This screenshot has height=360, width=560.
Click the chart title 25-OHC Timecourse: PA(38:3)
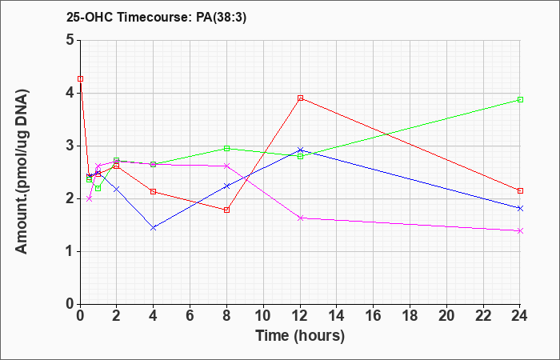[157, 17]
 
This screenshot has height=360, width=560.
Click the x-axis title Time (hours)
[300, 336]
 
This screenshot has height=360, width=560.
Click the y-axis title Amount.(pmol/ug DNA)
[22, 172]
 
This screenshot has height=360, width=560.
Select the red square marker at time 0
[81, 79]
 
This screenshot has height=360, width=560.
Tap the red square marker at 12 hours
[300, 98]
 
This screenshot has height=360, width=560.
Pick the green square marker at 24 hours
[520, 100]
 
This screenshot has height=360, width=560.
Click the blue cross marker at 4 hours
[154, 228]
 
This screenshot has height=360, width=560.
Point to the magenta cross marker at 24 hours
[520, 231]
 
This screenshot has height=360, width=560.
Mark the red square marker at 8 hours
[226, 210]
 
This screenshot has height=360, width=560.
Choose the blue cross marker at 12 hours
[300, 150]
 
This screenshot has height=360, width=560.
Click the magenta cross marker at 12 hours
[300, 218]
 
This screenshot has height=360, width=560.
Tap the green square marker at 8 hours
[226, 149]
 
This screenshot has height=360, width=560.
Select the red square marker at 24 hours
[520, 190]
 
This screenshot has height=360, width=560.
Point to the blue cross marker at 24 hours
[520, 209]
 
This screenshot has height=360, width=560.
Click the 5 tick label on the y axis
[70, 40]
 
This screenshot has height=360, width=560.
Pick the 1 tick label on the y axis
[70, 252]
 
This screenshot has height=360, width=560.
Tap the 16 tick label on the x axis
[374, 316]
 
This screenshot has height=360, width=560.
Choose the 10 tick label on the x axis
[263, 316]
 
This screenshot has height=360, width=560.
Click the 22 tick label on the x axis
[483, 316]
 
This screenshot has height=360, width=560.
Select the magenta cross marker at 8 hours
[226, 166]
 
